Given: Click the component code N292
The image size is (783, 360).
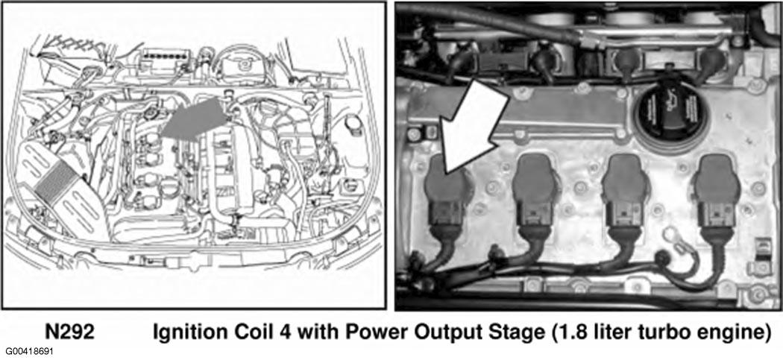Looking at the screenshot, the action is click(x=69, y=332).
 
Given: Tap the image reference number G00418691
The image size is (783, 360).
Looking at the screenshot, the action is click(x=26, y=352).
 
